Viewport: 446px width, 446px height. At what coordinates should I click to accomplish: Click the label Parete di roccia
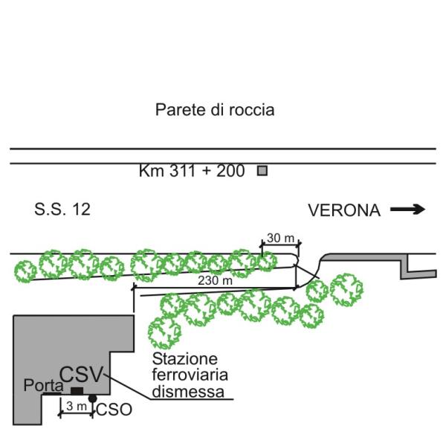[215, 111]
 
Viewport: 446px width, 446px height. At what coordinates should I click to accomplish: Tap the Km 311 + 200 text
[192, 171]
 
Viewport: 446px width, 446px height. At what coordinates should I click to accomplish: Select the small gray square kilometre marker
[262, 171]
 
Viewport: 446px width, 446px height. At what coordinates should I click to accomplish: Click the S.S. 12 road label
[62, 210]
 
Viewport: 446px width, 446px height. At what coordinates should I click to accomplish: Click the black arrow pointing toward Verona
[408, 210]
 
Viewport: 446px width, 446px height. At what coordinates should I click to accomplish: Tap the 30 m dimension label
[280, 239]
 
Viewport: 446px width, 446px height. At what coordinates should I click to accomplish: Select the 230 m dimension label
[214, 281]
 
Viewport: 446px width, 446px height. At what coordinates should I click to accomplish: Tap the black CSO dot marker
[92, 399]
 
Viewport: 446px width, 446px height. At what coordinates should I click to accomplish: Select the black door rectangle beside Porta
[77, 391]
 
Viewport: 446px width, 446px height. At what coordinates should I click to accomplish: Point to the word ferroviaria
[182, 375]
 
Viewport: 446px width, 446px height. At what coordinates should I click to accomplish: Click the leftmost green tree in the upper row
[26, 271]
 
